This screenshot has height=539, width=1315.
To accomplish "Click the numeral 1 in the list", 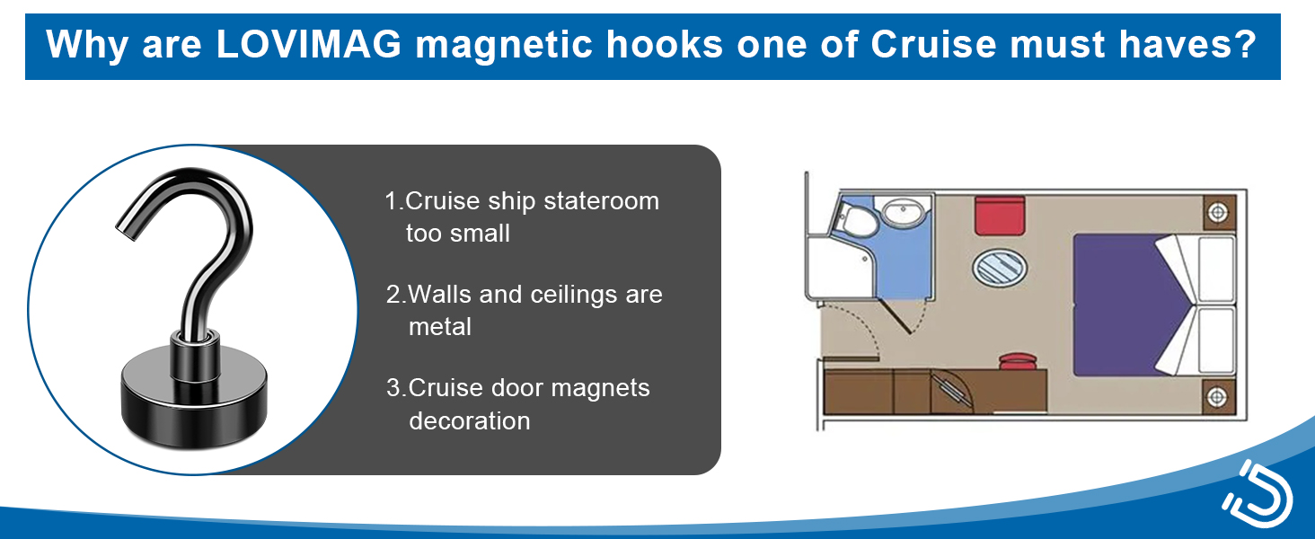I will pyautogui.click(x=392, y=201).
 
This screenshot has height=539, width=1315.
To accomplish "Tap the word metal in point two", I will pyautogui.click(x=440, y=327).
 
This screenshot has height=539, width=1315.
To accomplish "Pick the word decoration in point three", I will pyautogui.click(x=469, y=420).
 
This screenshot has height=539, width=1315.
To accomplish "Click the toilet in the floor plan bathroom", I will pyautogui.click(x=847, y=216).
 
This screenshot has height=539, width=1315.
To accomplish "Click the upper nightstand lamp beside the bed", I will pyautogui.click(x=1218, y=213).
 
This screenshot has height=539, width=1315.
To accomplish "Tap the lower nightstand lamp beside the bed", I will pyautogui.click(x=1218, y=395).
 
